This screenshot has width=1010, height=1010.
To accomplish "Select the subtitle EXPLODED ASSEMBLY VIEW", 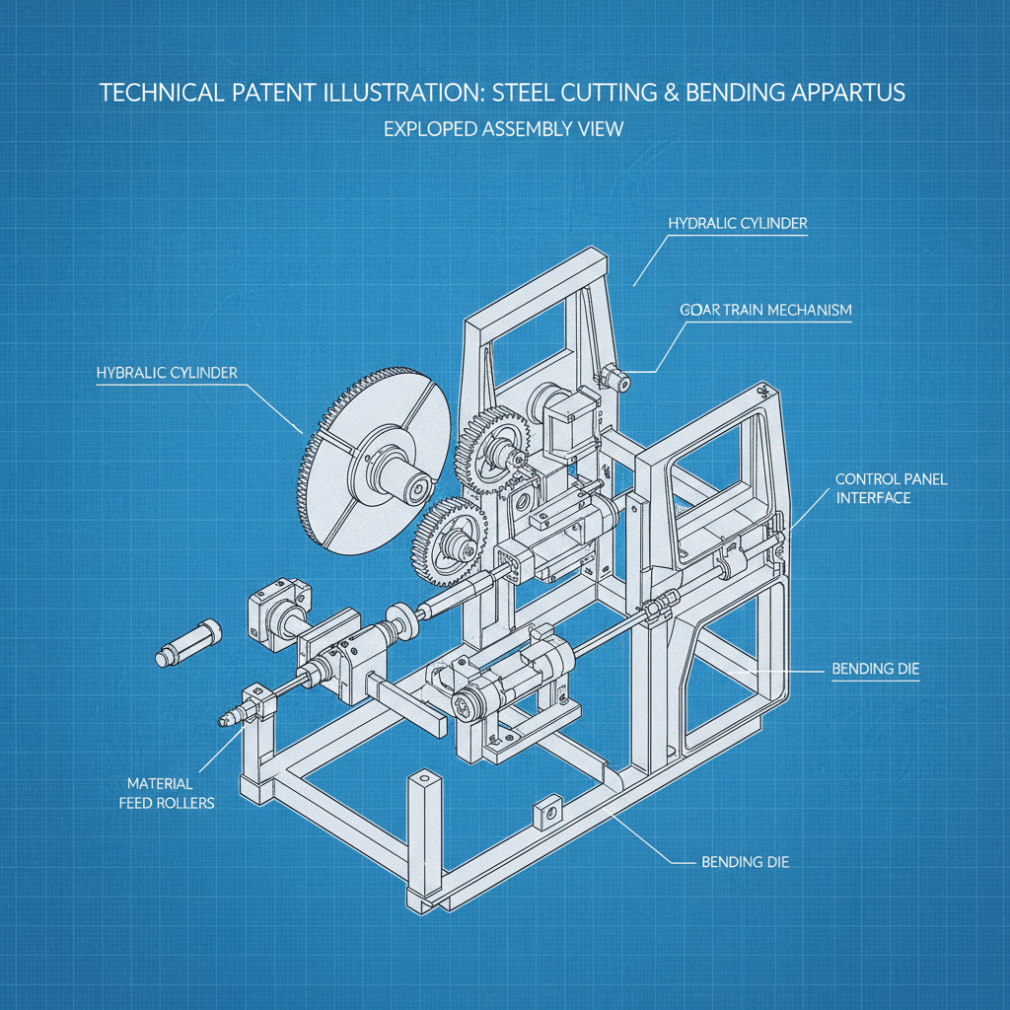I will (x=503, y=128).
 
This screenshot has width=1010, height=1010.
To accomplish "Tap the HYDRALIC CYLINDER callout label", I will (x=737, y=224).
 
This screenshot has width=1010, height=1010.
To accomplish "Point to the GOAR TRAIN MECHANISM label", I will (x=765, y=310).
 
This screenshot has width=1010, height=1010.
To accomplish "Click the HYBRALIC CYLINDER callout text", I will (x=167, y=373).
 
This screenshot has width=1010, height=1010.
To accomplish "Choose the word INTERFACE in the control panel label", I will (x=873, y=498).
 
